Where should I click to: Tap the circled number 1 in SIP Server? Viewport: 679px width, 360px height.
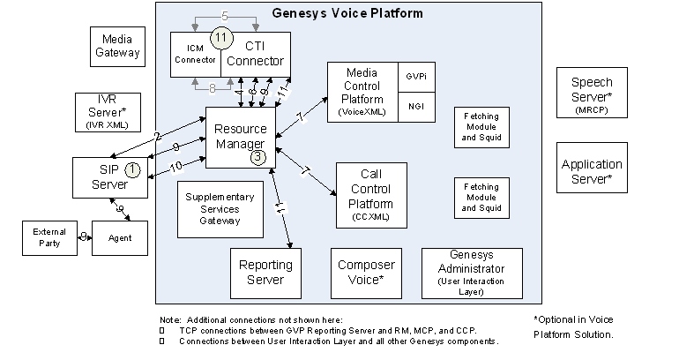coord(131,167)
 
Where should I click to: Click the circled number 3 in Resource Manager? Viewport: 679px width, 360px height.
coord(257,157)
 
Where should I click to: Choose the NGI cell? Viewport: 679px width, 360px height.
coord(415,106)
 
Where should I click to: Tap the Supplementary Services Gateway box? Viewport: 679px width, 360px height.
coord(220,209)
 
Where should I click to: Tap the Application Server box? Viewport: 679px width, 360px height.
coord(592,170)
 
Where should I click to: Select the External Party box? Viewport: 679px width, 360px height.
coord(49,237)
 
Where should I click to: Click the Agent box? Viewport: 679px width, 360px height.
coord(120,237)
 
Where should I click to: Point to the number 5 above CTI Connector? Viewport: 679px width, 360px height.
coord(225,15)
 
